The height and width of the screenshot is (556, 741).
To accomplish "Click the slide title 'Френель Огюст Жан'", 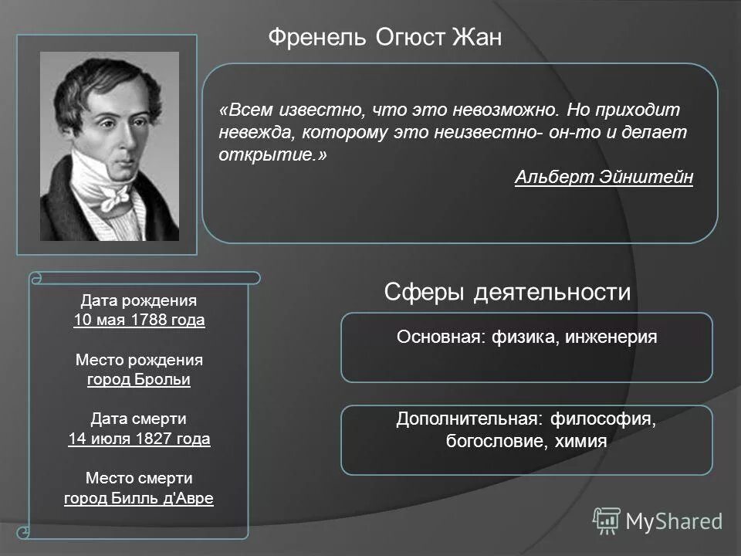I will pos(384,37).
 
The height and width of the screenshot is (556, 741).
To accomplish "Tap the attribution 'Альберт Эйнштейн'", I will pos(604,178).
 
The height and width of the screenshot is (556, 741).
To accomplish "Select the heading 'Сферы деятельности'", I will pos(507,293).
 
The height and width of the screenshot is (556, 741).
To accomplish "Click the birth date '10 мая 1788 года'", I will pos(139,320).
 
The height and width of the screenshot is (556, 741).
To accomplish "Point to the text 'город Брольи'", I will pos(139,380).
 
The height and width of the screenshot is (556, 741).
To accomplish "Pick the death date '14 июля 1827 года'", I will pos(139,439).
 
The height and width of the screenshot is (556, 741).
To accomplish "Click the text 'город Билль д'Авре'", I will pos(139,498).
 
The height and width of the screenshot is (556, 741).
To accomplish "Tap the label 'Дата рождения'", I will pos(139,300).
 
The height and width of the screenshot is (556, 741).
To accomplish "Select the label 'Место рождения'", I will pos(139,360).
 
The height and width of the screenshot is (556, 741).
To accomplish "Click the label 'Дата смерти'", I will pos(139,419).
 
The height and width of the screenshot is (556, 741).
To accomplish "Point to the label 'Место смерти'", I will pos(139,478).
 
